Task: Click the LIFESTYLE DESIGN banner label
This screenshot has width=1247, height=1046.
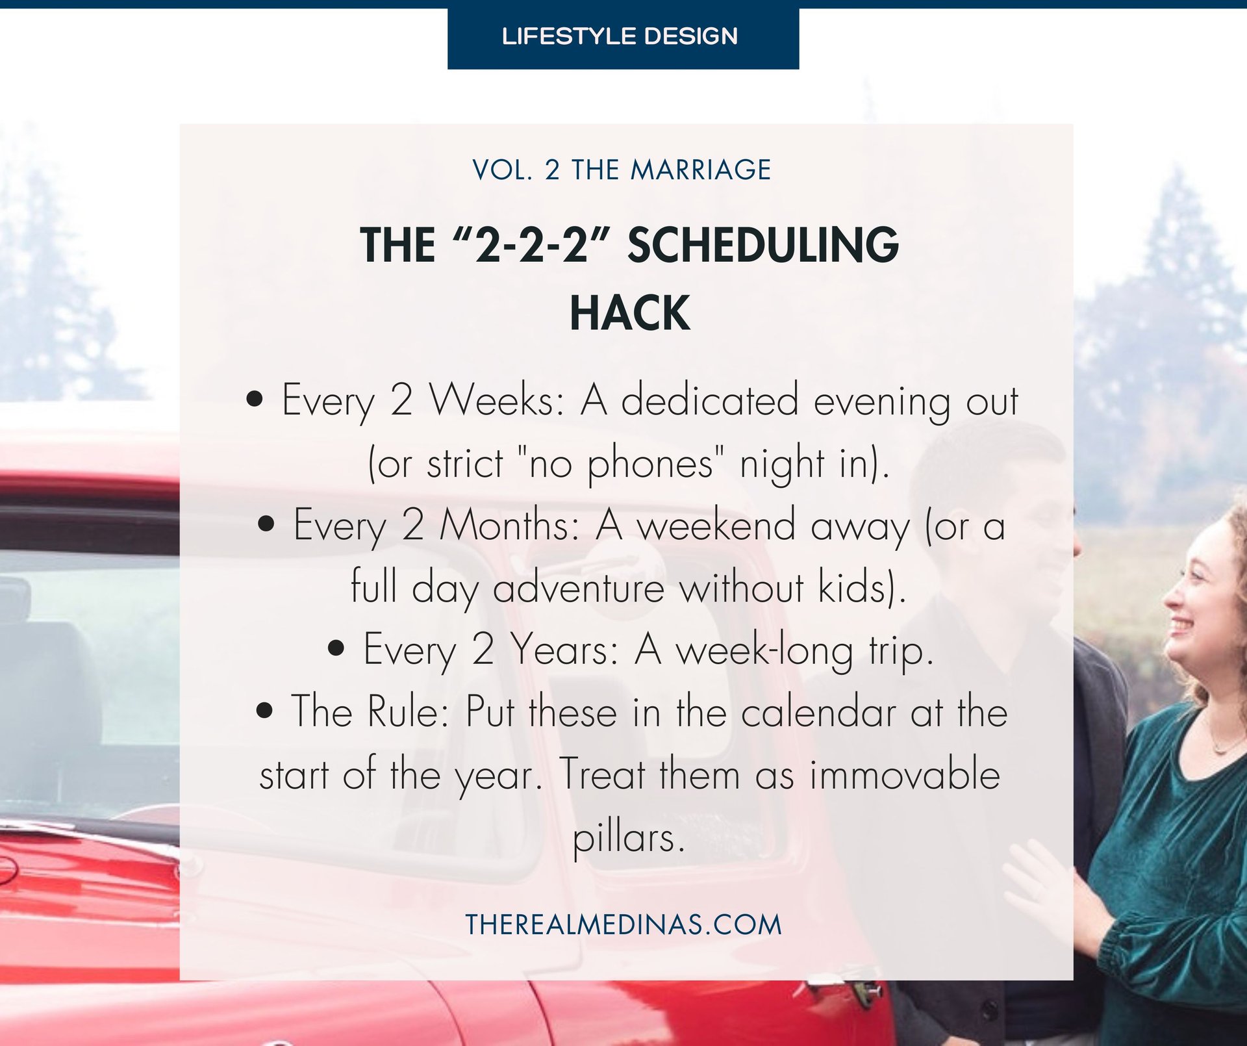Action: pyautogui.click(x=620, y=36)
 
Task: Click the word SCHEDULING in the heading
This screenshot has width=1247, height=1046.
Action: pyautogui.click(x=762, y=246)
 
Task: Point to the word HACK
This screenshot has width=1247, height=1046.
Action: pyautogui.click(x=629, y=314)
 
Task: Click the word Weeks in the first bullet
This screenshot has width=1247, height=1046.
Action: pyautogui.click(x=498, y=400)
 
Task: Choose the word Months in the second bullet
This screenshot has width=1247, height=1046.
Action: pyautogui.click(x=510, y=525)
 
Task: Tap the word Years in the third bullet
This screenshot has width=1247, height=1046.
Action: pyautogui.click(x=564, y=649)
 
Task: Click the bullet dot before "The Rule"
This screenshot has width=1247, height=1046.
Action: pyautogui.click(x=264, y=710)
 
